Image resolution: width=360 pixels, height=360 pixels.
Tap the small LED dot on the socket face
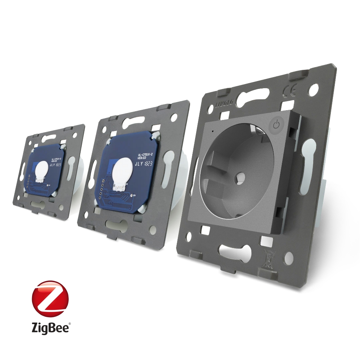pyautogui.click(x=212, y=131)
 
